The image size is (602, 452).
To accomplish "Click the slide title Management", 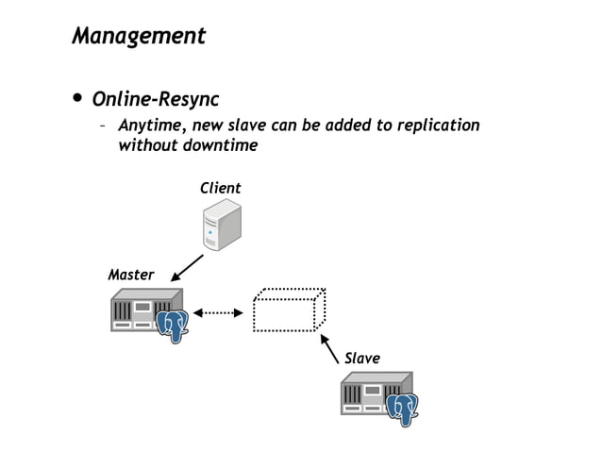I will coord(139,37).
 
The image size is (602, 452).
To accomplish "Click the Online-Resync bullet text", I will coord(155,99).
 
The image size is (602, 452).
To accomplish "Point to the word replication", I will coord(438,126).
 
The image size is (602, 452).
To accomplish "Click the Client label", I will coord(220,189).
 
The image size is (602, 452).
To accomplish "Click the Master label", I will coord(131,275).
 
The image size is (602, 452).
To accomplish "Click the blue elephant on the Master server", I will coord(173,326).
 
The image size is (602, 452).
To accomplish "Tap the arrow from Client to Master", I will coord(188,267).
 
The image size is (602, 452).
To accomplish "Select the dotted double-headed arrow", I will coord(218,312).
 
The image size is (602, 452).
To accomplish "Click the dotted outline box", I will coord(288,310).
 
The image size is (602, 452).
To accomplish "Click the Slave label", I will coord(361,358).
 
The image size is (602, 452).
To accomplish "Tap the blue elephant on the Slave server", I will coord(403,409).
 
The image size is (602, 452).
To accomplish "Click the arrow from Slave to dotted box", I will coord(329,347).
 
